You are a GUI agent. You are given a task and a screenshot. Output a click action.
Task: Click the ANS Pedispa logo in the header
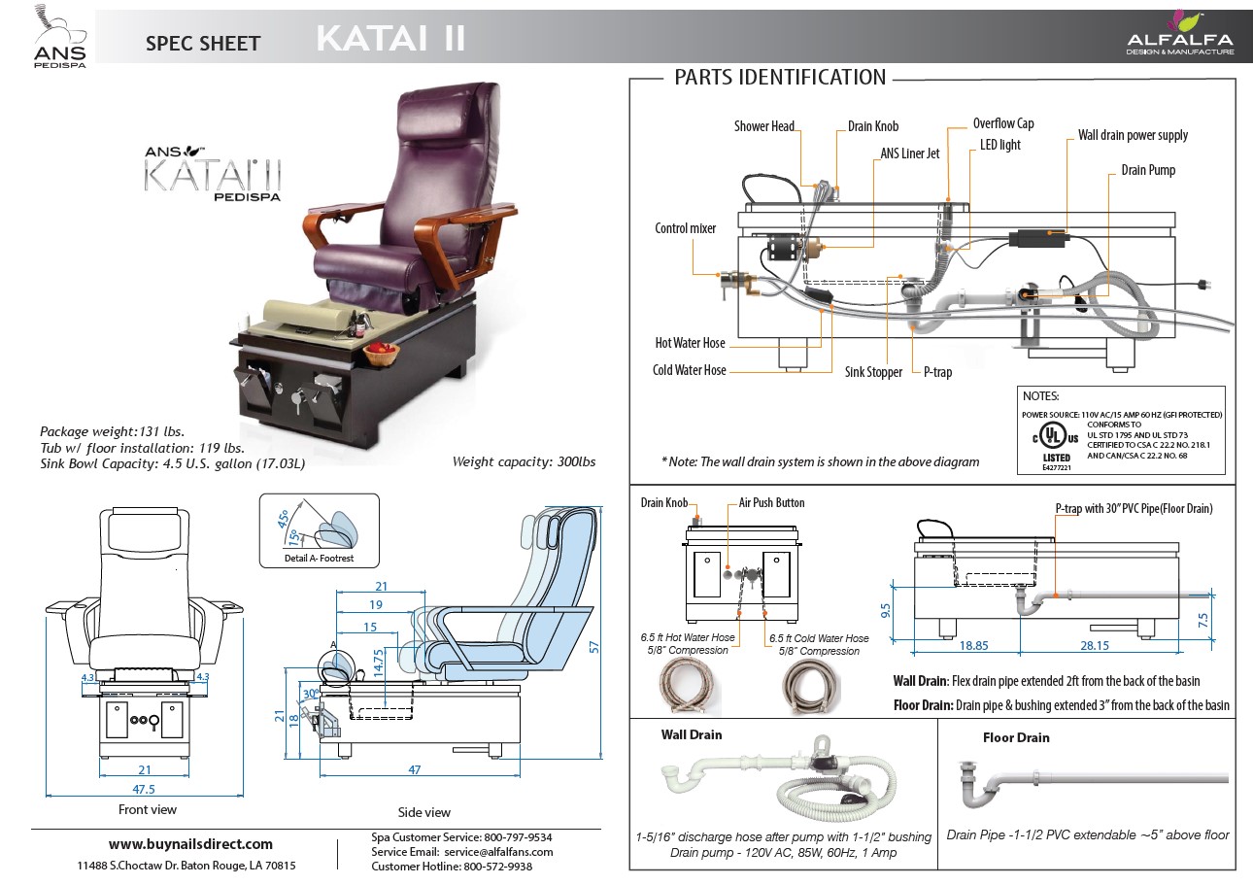pos(60,33)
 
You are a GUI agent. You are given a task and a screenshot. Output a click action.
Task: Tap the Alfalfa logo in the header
pos(1179,33)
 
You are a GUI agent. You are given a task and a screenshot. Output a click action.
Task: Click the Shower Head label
pos(764,126)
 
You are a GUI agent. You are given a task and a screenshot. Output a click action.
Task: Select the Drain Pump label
pos(1148,170)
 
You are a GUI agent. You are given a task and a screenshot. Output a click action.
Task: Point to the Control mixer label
pos(686,228)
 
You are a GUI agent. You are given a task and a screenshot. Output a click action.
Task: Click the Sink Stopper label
pos(873,372)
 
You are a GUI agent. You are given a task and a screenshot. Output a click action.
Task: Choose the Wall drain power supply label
pos(1133,135)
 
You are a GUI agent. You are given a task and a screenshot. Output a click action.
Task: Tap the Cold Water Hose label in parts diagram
pos(690,370)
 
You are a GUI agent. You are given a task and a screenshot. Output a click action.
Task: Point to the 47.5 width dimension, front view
pos(144,789)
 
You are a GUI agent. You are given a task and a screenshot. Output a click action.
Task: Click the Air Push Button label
pos(771,503)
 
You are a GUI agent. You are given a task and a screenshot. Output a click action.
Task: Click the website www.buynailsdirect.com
pos(190,843)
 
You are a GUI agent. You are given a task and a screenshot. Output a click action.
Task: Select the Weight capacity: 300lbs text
pos(524,461)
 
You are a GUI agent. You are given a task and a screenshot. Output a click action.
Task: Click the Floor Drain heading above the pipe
pos(1016,737)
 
